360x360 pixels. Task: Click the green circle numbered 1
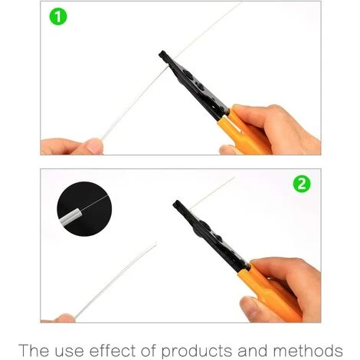coord(58,17)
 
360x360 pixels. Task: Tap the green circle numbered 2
coord(302,184)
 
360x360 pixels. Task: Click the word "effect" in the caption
coord(113,350)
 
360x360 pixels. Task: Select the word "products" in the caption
coord(197,351)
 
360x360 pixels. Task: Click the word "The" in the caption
coord(34,350)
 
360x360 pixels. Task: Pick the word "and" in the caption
coord(253,350)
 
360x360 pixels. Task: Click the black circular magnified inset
coord(84,209)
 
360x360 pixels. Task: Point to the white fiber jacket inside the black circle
coord(70,217)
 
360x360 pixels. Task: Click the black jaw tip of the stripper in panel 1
coord(162,55)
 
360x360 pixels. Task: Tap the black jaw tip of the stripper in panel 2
coord(178,205)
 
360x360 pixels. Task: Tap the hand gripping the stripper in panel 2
coord(283,289)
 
